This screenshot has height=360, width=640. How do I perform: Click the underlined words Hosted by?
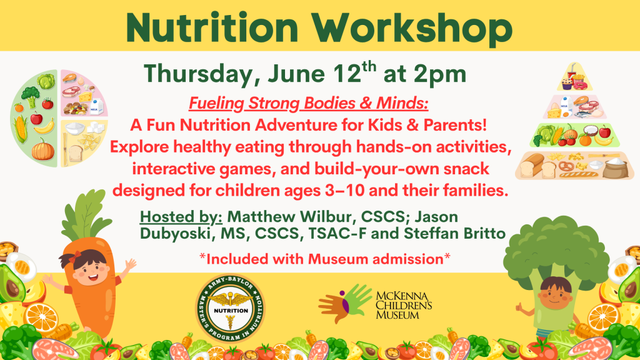(x=181, y=217)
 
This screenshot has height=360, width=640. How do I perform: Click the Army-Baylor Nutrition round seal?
(x=231, y=308)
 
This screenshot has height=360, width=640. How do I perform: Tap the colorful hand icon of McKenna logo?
(x=345, y=303)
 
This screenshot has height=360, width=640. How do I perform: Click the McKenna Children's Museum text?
(x=404, y=305)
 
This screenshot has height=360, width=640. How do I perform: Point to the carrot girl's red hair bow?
(x=72, y=257)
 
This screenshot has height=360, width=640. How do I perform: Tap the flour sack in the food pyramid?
(x=616, y=167)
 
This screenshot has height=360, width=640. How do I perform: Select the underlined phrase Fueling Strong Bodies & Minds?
(x=309, y=103)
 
